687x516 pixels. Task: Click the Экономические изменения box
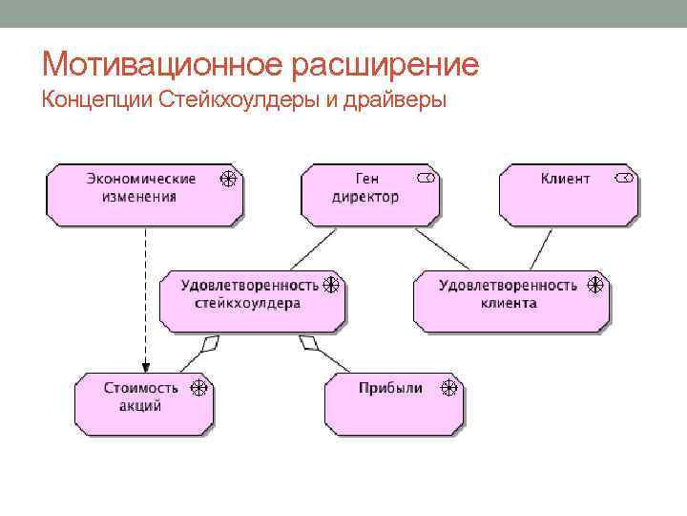[x=143, y=194]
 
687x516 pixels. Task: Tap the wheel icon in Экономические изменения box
[x=229, y=179]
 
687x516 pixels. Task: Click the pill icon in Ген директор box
[x=427, y=179]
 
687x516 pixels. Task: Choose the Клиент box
[x=569, y=194]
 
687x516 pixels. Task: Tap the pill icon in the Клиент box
[x=624, y=179]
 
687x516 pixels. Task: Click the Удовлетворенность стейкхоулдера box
[x=250, y=300]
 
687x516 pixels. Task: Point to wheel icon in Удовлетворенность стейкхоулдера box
[x=331, y=285]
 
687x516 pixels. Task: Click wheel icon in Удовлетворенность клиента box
[x=595, y=285]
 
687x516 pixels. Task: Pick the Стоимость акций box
[x=143, y=401]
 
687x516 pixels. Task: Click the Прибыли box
[x=394, y=401]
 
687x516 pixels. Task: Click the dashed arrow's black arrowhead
[x=145, y=364]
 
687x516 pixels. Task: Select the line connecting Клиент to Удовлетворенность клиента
[x=541, y=247]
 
